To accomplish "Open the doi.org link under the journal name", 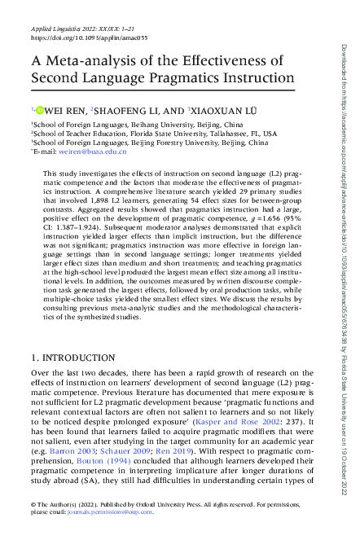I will pos(78,37).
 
